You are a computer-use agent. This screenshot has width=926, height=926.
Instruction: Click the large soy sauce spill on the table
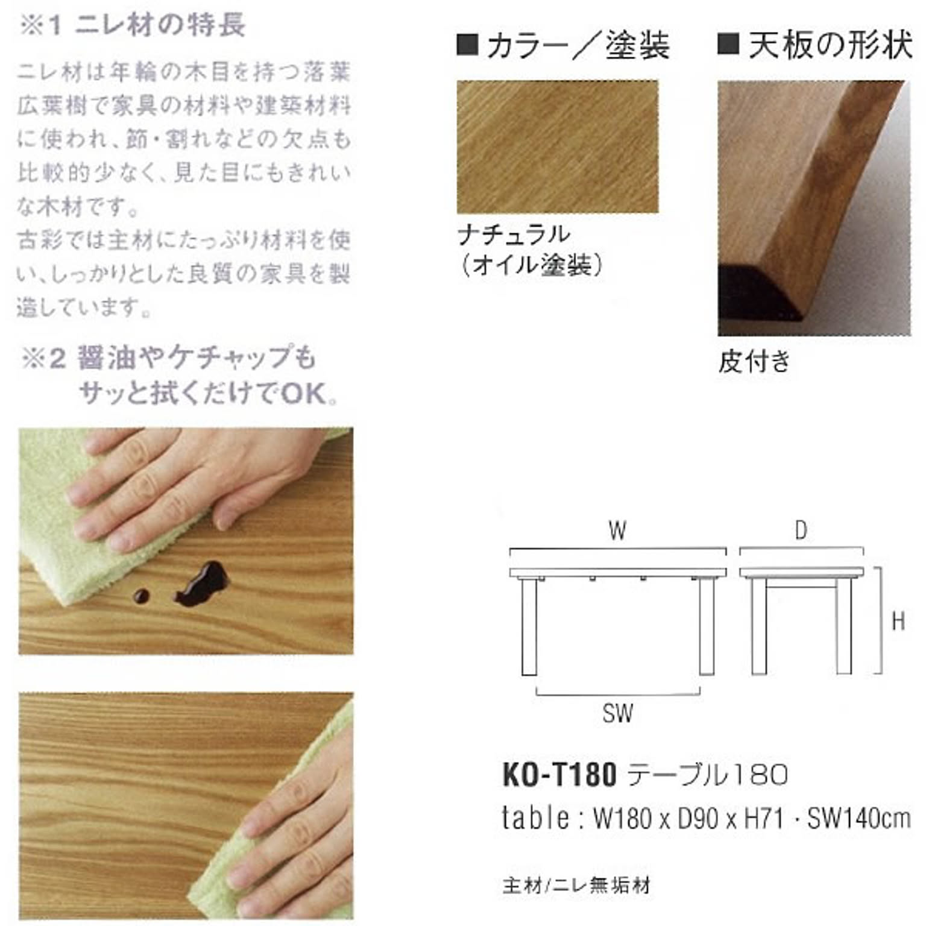point(204,583)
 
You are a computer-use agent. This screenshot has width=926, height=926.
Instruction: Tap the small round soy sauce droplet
point(141,596)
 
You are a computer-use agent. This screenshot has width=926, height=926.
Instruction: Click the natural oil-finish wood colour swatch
point(557,146)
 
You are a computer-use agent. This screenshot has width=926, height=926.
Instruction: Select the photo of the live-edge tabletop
point(814,208)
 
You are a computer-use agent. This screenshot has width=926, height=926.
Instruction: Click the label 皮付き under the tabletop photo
point(754,362)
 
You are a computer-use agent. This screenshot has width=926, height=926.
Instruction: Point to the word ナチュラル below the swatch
point(513,234)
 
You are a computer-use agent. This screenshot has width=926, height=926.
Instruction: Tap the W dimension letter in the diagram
point(617,531)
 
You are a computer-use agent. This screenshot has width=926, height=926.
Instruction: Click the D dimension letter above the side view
point(801,531)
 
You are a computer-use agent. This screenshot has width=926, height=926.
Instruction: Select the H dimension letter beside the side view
point(898,621)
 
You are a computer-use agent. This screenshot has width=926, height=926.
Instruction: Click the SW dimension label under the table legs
point(617,714)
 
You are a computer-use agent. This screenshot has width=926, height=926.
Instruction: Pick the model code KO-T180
point(559,775)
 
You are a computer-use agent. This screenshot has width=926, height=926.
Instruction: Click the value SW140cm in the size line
point(858,819)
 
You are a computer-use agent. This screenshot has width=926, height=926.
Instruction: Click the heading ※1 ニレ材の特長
point(133,25)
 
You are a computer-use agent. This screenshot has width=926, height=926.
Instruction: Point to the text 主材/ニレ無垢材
point(576,886)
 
